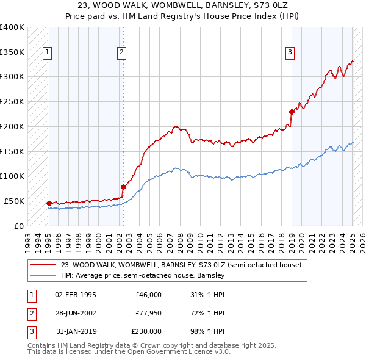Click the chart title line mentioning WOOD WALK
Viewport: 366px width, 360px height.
(x=182, y=5)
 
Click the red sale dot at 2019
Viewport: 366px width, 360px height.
(x=292, y=111)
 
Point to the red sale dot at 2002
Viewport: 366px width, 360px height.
(x=123, y=187)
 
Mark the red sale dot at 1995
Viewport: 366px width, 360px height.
(x=49, y=203)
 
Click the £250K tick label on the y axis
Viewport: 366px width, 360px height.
(x=12, y=102)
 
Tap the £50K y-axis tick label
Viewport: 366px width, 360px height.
(x=14, y=201)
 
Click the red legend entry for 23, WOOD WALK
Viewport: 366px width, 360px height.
(x=181, y=265)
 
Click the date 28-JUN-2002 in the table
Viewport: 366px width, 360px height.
(x=75, y=313)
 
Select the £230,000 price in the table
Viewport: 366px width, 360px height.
(x=147, y=331)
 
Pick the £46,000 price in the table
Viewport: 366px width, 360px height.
(x=149, y=295)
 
